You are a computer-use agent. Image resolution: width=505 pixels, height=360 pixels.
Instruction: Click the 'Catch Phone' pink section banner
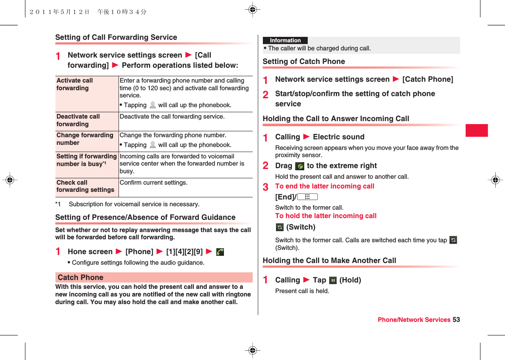[153, 277]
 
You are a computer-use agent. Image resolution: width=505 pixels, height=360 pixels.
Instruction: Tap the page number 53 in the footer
[456, 320]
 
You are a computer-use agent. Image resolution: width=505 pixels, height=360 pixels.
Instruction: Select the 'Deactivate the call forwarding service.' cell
[172, 116]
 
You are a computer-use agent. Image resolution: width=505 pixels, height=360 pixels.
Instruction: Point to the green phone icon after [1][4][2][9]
[220, 252]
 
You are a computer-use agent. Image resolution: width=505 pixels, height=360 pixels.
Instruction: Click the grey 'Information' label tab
[285, 41]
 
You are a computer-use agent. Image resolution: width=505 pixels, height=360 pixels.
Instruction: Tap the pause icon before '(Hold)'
[333, 280]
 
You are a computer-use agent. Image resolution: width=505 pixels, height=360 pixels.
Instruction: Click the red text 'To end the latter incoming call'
[325, 186]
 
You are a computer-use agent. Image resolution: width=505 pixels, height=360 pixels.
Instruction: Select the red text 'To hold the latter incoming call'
[326, 216]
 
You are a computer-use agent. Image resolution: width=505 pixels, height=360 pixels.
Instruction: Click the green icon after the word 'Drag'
[300, 166]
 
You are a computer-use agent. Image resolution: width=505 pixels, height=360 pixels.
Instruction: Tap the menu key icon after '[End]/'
[307, 197]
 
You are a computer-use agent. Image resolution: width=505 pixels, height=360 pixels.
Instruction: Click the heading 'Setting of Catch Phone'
[304, 61]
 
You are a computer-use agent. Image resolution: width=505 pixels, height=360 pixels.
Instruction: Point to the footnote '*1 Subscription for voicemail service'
[127, 204]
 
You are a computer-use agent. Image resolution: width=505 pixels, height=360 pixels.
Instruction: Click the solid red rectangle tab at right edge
[477, 130]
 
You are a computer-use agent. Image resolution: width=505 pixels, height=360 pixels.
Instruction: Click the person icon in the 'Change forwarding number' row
[152, 145]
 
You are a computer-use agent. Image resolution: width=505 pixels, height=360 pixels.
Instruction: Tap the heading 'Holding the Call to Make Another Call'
[329, 260]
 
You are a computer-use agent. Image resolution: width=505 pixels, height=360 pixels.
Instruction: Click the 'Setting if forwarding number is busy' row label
[86, 160]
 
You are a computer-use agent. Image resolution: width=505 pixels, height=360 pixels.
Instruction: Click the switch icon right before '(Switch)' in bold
[279, 227]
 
